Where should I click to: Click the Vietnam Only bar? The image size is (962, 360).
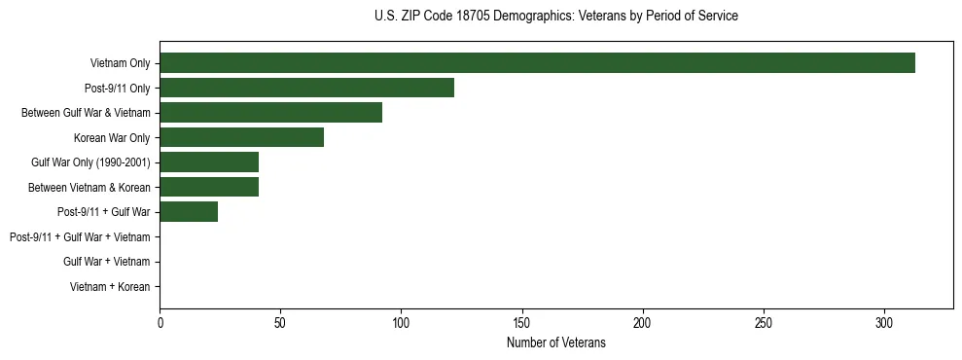pyautogui.click(x=537, y=63)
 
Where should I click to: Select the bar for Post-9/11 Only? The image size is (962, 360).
pyautogui.click(x=306, y=88)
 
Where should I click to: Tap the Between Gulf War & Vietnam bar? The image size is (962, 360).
pyautogui.click(x=270, y=113)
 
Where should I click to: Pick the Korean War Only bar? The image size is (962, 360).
pyautogui.click(x=241, y=137)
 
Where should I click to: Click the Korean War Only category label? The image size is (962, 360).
pyautogui.click(x=112, y=138)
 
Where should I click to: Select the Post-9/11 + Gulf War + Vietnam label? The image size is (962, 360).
pyautogui.click(x=80, y=237)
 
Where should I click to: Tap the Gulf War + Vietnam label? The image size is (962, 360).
pyautogui.click(x=106, y=262)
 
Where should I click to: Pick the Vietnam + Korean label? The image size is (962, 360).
pyautogui.click(x=110, y=287)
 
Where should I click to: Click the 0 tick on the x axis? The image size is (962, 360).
pyautogui.click(x=160, y=322)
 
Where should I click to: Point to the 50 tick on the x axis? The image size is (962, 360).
pyautogui.click(x=280, y=322)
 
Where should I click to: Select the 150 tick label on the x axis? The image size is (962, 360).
pyautogui.click(x=521, y=322)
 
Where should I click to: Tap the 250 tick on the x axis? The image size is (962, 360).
pyautogui.click(x=764, y=322)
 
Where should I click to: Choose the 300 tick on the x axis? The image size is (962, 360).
pyautogui.click(x=884, y=322)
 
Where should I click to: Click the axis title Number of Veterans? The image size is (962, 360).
pyautogui.click(x=556, y=342)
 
